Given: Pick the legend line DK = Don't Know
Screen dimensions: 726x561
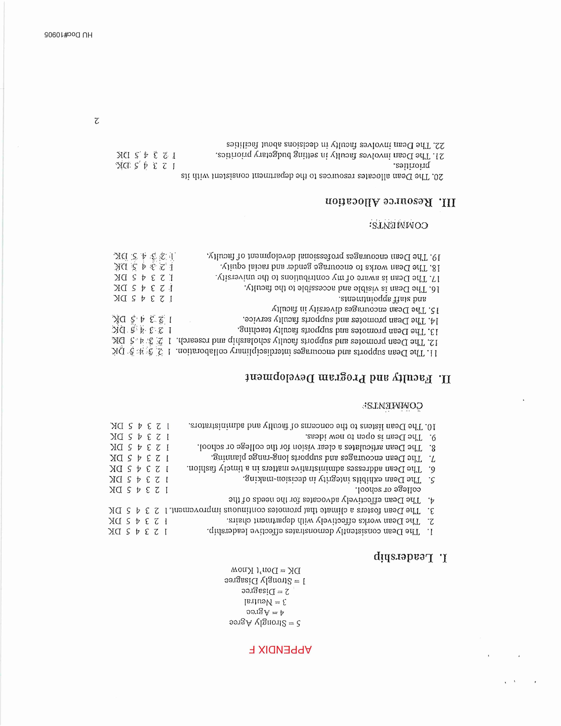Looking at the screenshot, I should click(266, 570).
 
